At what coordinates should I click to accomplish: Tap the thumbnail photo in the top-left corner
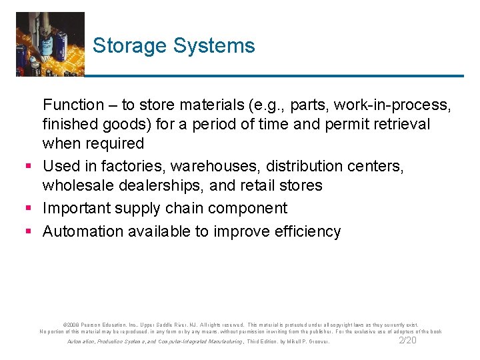pos(50,43)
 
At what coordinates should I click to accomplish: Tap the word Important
pos(78,208)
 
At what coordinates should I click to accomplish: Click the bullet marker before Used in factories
pos(29,166)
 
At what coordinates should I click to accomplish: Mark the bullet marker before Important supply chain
pos(29,209)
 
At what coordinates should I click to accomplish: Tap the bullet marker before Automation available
pos(29,232)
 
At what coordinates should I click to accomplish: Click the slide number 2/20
pos(407,340)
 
